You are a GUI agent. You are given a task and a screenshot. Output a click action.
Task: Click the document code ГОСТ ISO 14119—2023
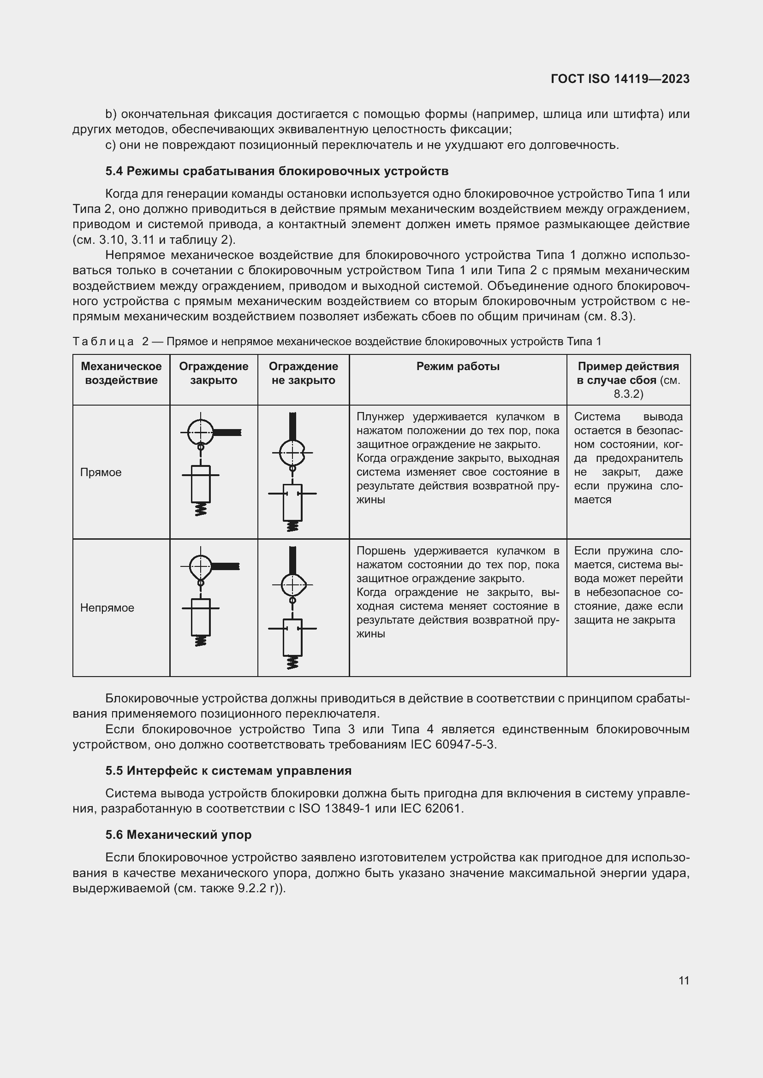tap(620, 79)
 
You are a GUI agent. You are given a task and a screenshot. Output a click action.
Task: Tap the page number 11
tap(684, 980)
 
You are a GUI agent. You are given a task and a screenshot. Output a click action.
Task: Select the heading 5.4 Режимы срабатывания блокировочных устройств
tap(277, 171)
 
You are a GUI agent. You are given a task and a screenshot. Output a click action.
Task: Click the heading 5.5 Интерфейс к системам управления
tap(228, 771)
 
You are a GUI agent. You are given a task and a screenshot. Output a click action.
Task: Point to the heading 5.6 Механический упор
tap(179, 834)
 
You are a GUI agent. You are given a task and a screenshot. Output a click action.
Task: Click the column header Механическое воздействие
tap(121, 373)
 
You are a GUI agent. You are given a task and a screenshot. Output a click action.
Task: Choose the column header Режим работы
tap(458, 366)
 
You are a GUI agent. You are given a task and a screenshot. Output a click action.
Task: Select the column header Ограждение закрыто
tap(213, 373)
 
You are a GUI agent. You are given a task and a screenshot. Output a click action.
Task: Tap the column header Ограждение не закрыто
tap(303, 373)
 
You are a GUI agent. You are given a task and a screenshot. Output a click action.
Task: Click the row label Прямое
tap(101, 472)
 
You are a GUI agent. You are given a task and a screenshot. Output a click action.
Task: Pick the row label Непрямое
tap(107, 607)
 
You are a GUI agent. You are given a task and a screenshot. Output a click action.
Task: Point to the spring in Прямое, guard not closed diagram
tap(292, 526)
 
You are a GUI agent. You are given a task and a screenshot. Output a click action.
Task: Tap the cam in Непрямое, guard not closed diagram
tap(293, 585)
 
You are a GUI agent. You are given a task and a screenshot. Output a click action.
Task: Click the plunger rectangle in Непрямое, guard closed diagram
tap(201, 617)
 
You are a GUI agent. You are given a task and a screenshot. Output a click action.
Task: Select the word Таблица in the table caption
tap(103, 342)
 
